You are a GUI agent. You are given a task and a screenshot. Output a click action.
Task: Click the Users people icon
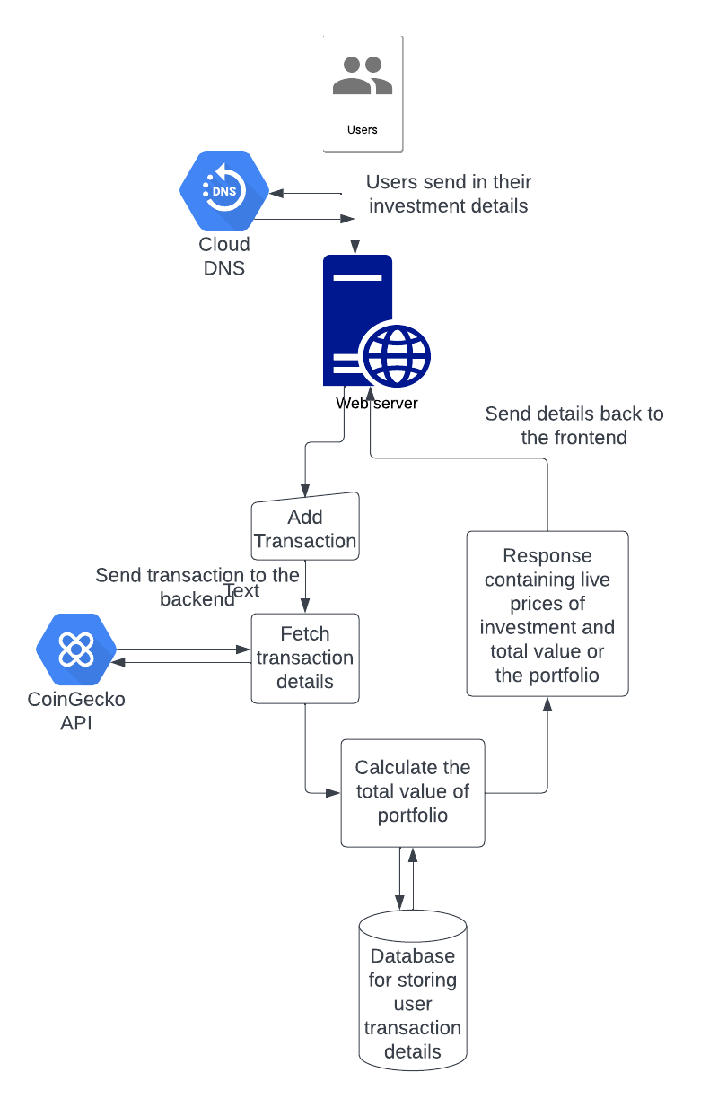click(x=363, y=76)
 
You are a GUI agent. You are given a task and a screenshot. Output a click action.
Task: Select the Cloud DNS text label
click(x=224, y=256)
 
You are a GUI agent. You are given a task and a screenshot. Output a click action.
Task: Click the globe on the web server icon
click(x=396, y=353)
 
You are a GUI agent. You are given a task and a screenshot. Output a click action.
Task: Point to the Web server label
click(x=377, y=403)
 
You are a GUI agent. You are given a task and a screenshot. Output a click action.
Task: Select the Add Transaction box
click(x=305, y=528)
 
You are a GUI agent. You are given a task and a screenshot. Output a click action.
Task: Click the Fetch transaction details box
click(x=305, y=658)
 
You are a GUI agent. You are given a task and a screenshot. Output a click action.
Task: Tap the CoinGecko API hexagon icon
click(x=76, y=650)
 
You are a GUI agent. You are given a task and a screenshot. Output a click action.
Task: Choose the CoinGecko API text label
click(x=76, y=711)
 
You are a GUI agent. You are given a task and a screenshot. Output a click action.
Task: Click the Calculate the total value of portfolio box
click(x=413, y=792)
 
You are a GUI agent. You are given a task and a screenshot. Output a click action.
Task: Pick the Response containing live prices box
click(x=547, y=615)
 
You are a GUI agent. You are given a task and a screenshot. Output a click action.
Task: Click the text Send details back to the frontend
click(x=574, y=425)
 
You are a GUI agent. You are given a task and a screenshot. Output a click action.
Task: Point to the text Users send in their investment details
click(x=449, y=194)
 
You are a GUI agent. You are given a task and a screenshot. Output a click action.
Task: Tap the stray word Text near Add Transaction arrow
click(x=241, y=590)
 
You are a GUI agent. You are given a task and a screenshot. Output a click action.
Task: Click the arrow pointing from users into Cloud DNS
click(x=305, y=193)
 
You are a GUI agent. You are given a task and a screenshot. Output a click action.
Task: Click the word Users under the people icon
click(x=363, y=129)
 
